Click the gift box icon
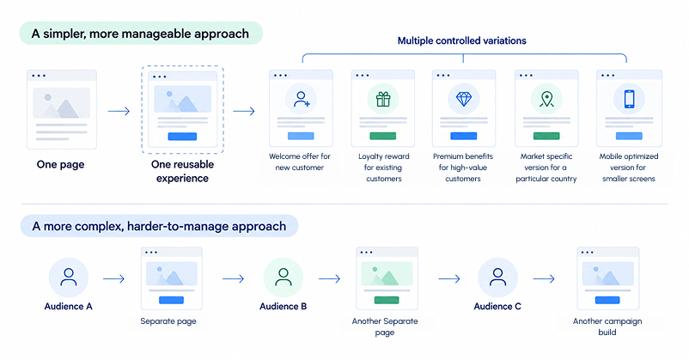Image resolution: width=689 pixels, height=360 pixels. coord(383,99)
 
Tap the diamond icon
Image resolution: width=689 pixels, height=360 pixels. coord(464,99)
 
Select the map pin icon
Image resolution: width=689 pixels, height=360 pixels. coord(546,99)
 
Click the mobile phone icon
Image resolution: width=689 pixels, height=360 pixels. coord(629,99)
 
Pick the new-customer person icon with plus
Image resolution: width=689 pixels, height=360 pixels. coord(302,99)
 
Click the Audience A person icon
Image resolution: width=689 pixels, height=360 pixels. coord(69,278)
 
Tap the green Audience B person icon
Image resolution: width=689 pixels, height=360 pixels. coord(284,278)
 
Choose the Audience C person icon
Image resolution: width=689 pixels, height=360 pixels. coord(498,278)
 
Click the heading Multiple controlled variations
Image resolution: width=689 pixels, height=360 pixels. coord(462,41)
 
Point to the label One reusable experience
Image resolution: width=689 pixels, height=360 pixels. coord(182,171)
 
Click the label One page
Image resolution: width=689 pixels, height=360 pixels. coord(61,164)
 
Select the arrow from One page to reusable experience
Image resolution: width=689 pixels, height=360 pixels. coord(119,111)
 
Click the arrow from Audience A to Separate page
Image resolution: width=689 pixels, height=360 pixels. coord(113,278)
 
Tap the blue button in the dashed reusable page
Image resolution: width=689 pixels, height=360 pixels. coord(182,137)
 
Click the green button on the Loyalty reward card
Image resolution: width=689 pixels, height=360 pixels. coord(382,136)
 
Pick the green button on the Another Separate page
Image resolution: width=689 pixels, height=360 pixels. coord(387,300)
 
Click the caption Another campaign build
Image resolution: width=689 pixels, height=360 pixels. coord(607,326)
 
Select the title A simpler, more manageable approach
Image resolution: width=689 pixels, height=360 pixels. coord(140,34)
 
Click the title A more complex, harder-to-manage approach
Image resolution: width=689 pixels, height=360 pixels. coord(159,226)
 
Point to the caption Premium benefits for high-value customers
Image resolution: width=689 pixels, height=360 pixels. coord(463,168)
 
